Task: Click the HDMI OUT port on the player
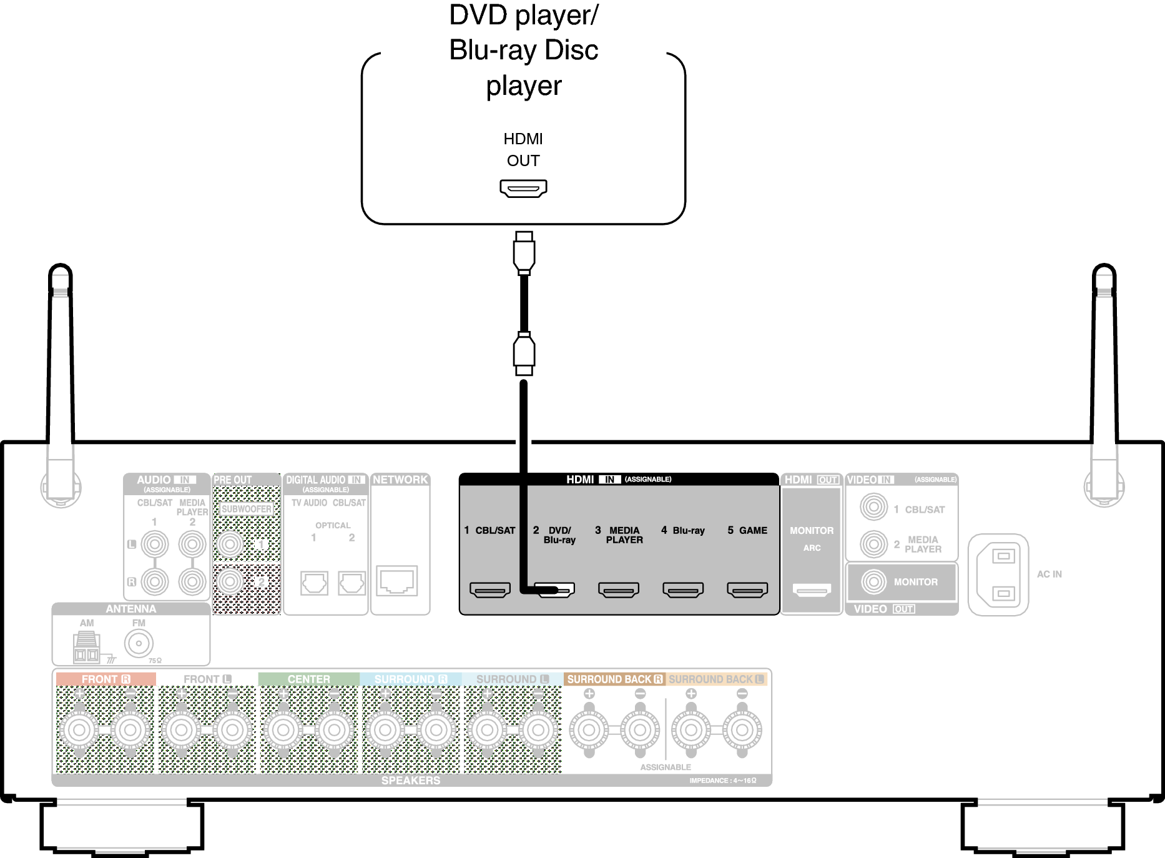[x=523, y=188]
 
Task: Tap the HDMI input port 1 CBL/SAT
[x=490, y=589]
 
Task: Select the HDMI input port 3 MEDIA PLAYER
[x=618, y=589]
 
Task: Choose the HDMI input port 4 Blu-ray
[x=683, y=589]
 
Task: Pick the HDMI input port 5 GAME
[x=747, y=589]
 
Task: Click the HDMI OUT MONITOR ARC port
[x=812, y=589]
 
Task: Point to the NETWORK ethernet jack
[x=397, y=581]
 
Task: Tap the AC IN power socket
[x=998, y=574]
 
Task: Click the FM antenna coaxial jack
[x=139, y=643]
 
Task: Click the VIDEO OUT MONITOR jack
[x=873, y=582]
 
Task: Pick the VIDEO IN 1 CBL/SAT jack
[x=873, y=507]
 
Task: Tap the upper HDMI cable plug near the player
[x=524, y=253]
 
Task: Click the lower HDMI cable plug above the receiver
[x=524, y=353]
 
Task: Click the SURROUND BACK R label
[x=614, y=679]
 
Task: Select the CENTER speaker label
[x=308, y=679]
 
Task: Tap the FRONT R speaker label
[x=106, y=679]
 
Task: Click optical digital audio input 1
[x=314, y=583]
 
